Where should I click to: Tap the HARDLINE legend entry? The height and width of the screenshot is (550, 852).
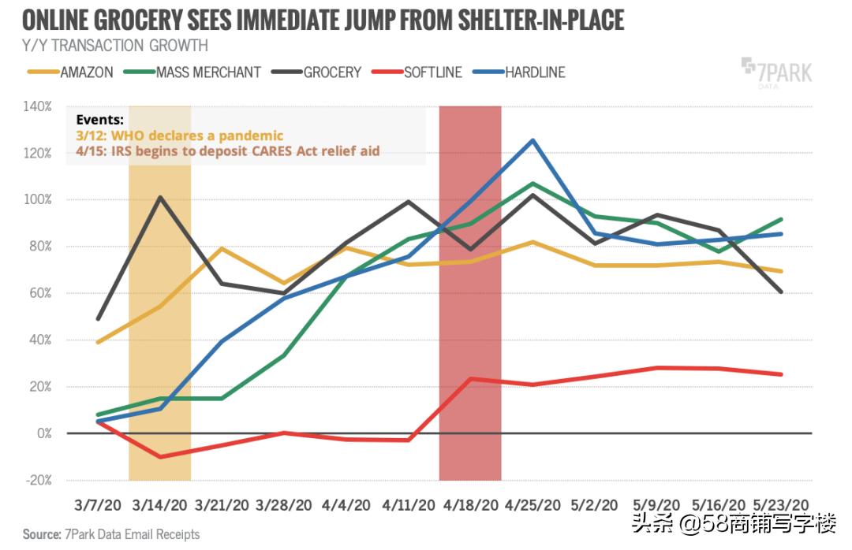pos(520,72)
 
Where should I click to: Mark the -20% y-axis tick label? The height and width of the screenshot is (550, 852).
pos(38,480)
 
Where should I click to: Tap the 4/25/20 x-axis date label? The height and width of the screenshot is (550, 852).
pos(532,504)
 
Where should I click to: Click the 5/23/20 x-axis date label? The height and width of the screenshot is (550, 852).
pos(781,504)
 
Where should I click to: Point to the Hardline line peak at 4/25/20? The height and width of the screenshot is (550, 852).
pos(532,140)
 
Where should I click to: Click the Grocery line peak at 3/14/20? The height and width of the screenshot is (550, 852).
pos(159,197)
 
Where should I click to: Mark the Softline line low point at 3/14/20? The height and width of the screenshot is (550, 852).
pos(159,457)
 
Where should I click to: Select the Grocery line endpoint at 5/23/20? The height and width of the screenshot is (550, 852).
pos(781,292)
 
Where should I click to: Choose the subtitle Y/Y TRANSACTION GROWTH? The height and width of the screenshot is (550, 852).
pos(115,46)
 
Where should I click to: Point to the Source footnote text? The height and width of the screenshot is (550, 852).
pos(111,534)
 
